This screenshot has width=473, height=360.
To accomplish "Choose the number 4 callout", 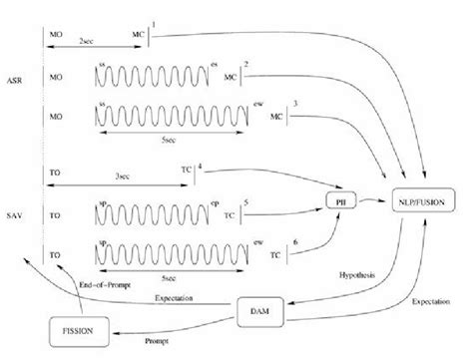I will (201, 164).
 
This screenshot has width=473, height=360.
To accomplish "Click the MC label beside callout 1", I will (138, 33).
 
